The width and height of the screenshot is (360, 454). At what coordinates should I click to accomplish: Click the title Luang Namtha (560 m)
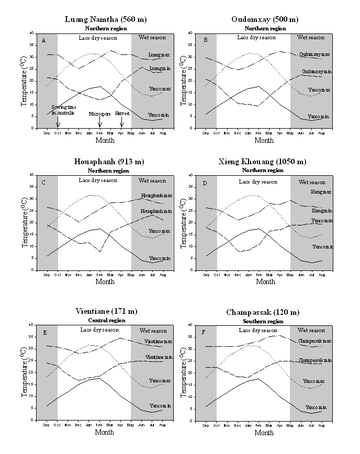click(x=105, y=19)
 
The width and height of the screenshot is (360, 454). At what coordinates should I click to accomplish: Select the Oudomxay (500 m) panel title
click(x=265, y=19)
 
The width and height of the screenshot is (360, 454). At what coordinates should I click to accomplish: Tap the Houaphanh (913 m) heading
click(x=105, y=162)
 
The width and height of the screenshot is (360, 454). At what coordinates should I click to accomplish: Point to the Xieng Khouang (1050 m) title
click(x=265, y=162)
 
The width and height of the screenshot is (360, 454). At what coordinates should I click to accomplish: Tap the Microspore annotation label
click(x=99, y=113)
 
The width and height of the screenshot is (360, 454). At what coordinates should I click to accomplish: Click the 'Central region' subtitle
click(x=105, y=320)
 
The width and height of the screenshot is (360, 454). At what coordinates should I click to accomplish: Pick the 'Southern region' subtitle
click(x=265, y=320)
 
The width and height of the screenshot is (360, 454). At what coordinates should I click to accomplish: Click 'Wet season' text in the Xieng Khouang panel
click(x=311, y=182)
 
